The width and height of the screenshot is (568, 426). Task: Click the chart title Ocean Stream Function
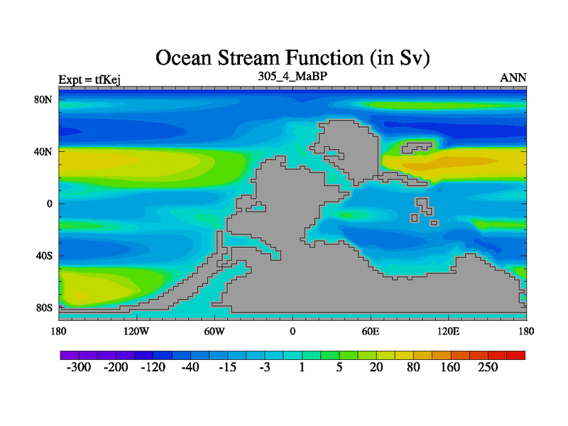(x=293, y=58)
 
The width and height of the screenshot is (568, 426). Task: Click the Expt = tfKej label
(x=89, y=80)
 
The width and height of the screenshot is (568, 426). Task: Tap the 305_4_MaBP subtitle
(x=293, y=76)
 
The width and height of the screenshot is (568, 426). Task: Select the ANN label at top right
(x=513, y=78)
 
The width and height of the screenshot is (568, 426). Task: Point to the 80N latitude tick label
(x=43, y=99)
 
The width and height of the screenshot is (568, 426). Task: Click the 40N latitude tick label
(x=43, y=151)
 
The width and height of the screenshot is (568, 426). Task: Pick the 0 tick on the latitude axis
(x=49, y=204)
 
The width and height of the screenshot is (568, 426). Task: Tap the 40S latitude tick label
(x=44, y=256)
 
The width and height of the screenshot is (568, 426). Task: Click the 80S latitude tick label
(x=44, y=308)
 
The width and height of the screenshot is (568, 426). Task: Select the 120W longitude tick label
(x=136, y=331)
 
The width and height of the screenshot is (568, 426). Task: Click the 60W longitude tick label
(x=214, y=331)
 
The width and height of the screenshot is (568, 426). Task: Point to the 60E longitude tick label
(x=371, y=331)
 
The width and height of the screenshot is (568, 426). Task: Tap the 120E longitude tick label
(x=449, y=331)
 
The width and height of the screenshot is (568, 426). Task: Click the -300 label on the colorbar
(x=79, y=367)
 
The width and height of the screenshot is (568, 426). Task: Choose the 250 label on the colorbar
(x=488, y=367)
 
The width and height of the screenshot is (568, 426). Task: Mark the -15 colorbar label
(x=227, y=367)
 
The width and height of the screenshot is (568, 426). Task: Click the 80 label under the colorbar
(x=413, y=367)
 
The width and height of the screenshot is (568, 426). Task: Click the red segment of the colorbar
(x=516, y=355)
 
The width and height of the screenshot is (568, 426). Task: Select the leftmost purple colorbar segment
(x=70, y=355)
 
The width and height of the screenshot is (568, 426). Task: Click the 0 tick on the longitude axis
(x=293, y=331)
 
